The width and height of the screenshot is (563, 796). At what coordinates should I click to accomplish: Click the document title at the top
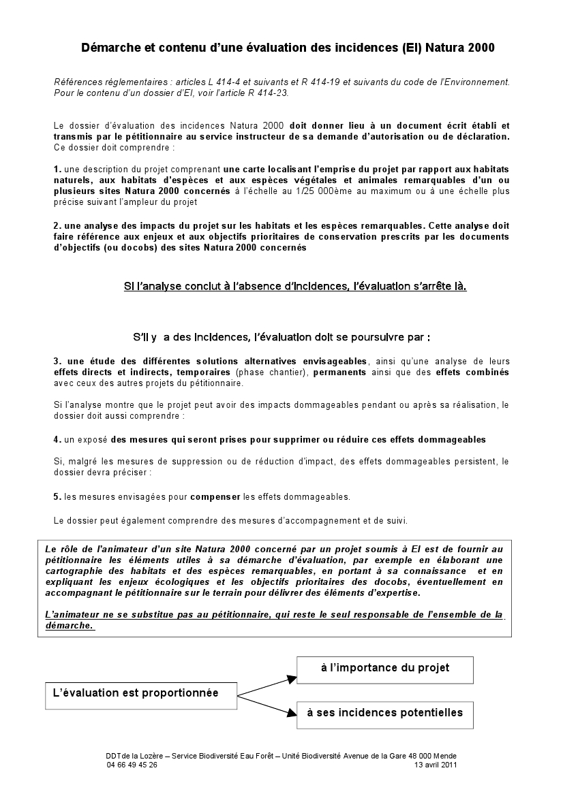coord(288,48)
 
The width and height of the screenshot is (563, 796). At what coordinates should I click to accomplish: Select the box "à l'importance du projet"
coord(385,668)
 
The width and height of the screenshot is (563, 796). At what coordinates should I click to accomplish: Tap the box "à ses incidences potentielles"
coord(385,714)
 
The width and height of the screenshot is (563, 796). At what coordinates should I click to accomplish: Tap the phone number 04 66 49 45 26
coord(132,765)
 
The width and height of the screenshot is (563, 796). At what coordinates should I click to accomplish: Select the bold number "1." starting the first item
coord(57,168)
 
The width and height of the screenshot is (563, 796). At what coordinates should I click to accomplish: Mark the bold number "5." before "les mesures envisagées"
coord(57,496)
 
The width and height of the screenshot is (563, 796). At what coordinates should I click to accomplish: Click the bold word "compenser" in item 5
coord(215,496)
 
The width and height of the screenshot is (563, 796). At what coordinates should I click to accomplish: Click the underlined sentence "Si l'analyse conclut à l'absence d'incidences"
coord(294,287)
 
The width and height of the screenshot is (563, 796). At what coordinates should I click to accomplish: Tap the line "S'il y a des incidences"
coord(281,337)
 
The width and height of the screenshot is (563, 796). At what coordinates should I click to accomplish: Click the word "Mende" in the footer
coord(444,756)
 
